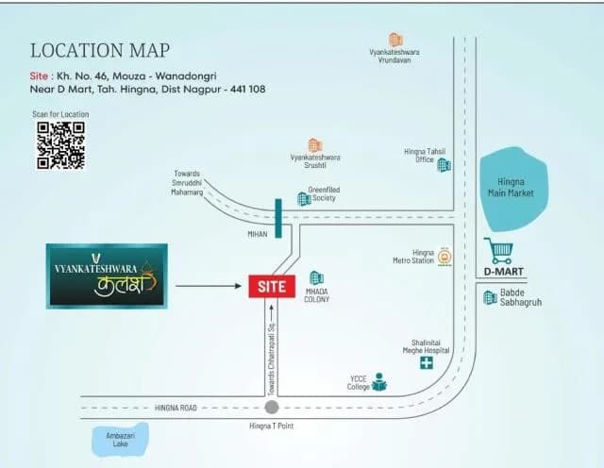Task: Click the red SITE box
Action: pos(272,286)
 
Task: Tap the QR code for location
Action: pos(60,145)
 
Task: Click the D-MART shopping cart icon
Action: pos(498,250)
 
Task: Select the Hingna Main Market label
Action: pos(511,187)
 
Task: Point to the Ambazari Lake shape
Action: pos(120,440)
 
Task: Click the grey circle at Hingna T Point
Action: pos(272,407)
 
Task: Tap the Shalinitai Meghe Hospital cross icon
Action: pos(426,362)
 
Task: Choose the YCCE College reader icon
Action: pos(379,382)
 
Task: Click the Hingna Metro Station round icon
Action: pos(445,257)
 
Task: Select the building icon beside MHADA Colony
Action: pos(317,278)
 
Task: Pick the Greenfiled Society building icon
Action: pos(304,198)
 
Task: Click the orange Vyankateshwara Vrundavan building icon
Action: pos(395,40)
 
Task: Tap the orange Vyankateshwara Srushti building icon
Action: pos(314,145)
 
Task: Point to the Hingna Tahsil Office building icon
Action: pos(444,165)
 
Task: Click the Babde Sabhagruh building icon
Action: pos(490,298)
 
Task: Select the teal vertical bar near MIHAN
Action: pos(278,218)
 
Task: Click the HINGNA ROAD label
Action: pos(176,408)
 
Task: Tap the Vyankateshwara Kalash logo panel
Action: pos(107,276)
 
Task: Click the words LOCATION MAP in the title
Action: pos(100,50)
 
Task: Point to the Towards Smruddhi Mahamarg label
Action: pos(187,183)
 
